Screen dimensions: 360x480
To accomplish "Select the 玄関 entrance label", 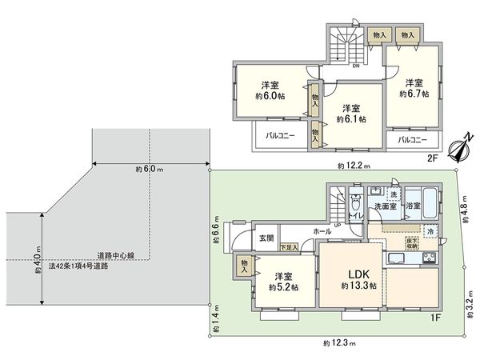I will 266,238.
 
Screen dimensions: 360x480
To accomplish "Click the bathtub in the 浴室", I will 420,200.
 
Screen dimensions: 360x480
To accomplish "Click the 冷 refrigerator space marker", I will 430,232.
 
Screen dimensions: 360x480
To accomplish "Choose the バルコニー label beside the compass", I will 412,139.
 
